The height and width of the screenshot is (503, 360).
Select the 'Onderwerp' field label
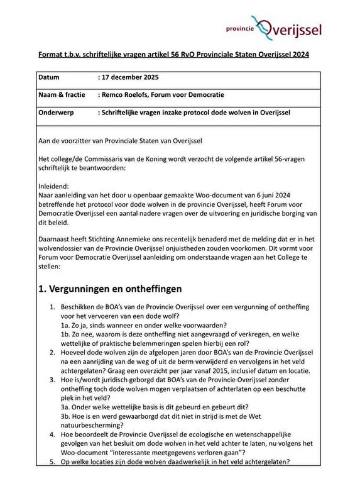click(59, 112)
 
